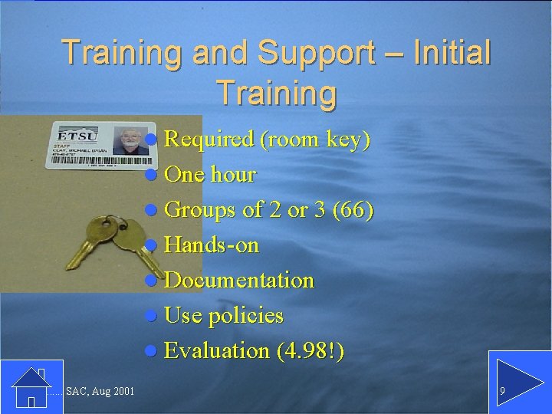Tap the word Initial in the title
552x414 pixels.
coord(452,52)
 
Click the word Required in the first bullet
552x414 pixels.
coord(209,140)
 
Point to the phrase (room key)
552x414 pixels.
coord(316,140)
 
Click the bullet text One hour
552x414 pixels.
coord(210,175)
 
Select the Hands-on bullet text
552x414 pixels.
coord(212,245)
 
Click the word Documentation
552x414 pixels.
coord(239,281)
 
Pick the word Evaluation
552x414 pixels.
coord(217,351)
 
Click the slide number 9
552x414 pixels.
coord(502,392)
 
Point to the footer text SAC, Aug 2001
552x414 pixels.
coord(100,393)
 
